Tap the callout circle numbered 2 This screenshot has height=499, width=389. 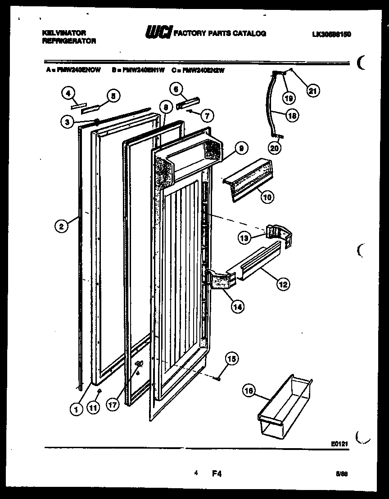(x=62, y=226)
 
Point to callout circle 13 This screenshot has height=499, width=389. (x=244, y=238)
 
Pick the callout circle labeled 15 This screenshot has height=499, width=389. (x=232, y=359)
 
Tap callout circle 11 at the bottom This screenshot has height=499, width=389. (x=93, y=409)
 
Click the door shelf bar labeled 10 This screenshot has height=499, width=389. (x=250, y=179)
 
